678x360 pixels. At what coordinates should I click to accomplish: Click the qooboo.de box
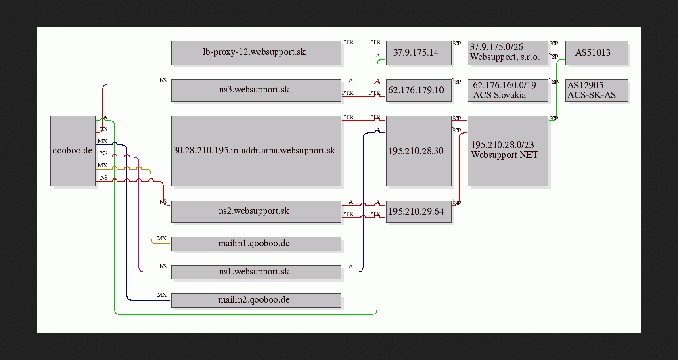[x=73, y=151]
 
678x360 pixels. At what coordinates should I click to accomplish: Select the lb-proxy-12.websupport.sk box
[x=256, y=53]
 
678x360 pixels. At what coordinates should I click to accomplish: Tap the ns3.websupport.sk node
[x=256, y=90]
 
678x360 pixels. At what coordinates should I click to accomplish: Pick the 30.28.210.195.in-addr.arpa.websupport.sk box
[x=256, y=151]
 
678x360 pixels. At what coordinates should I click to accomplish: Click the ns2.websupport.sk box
[x=256, y=211]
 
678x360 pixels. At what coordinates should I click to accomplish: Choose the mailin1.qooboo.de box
[x=256, y=244]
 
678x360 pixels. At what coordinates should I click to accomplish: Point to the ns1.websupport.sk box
[x=256, y=272]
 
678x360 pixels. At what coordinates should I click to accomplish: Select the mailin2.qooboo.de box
[x=256, y=300]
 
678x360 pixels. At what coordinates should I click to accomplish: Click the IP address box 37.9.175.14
[x=419, y=53]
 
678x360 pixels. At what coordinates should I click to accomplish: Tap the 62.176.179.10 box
[x=419, y=90]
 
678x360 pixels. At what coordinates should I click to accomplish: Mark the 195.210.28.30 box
[x=419, y=151]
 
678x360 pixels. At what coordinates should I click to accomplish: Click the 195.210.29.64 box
[x=419, y=211]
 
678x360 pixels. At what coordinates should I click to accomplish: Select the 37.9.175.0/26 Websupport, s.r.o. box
[x=508, y=53]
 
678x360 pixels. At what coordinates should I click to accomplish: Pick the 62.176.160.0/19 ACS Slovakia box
[x=508, y=90]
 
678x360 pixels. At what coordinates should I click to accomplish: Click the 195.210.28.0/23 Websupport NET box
[x=508, y=151]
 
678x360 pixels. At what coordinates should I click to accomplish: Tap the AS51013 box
[x=596, y=53]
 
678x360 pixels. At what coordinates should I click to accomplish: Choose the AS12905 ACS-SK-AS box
[x=596, y=90]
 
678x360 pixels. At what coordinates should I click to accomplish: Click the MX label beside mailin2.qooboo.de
[x=161, y=295]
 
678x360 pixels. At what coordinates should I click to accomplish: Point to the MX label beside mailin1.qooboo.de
[x=161, y=238]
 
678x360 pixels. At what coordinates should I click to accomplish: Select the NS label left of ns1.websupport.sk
[x=163, y=266]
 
